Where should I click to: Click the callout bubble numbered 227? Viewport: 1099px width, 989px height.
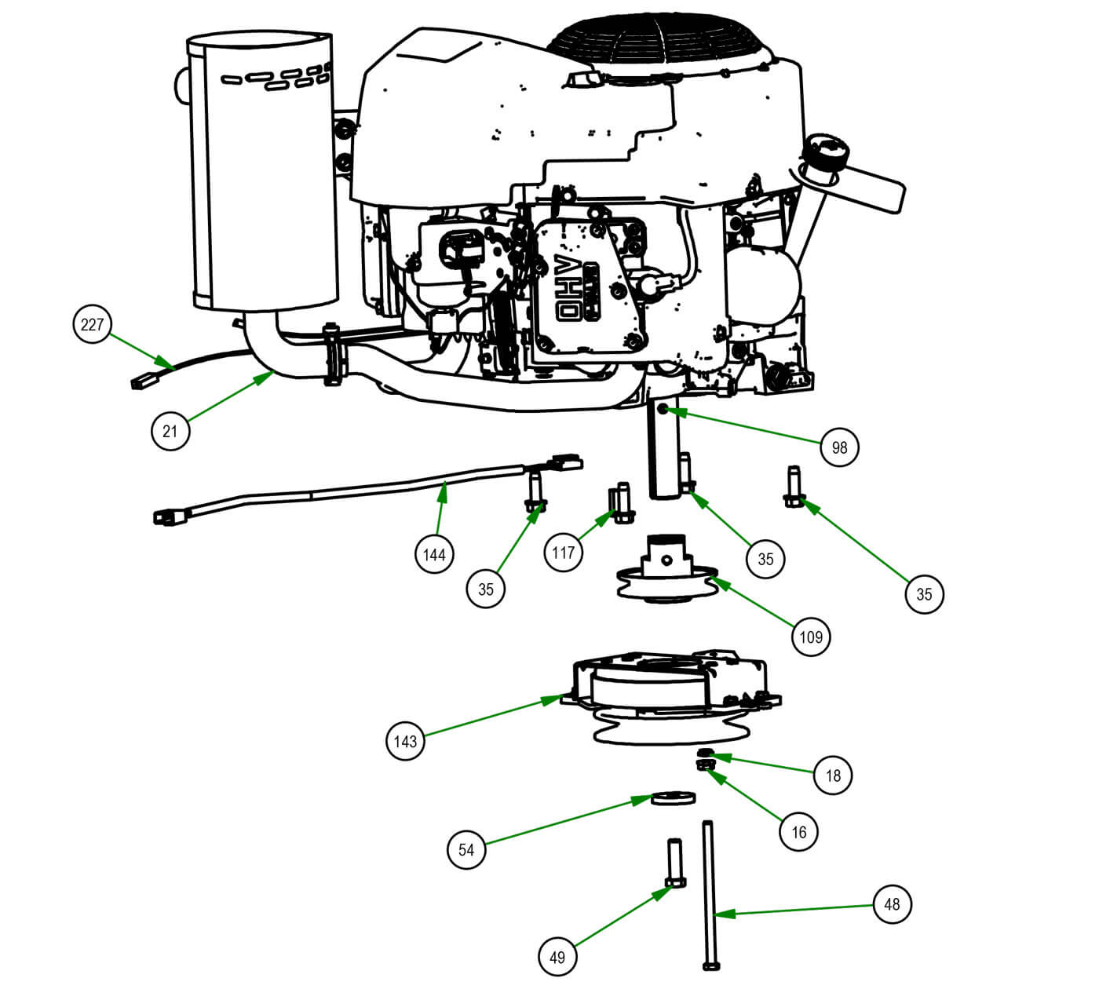(93, 324)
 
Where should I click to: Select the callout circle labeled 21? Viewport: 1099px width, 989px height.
(170, 431)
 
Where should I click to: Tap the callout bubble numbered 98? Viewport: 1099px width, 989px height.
(839, 447)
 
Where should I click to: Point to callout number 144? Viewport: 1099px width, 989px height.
(434, 555)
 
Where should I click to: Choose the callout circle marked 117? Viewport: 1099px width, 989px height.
(564, 553)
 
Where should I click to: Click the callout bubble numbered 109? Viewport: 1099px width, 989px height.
(811, 636)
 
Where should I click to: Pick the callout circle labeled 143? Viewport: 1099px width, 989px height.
(406, 741)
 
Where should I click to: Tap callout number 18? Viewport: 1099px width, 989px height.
(833, 776)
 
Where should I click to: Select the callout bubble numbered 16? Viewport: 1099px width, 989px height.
(799, 832)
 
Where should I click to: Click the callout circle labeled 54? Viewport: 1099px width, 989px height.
(466, 850)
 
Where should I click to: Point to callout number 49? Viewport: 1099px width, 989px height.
(557, 957)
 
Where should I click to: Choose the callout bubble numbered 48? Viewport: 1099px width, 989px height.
(892, 904)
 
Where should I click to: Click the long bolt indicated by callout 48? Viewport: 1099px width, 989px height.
(709, 895)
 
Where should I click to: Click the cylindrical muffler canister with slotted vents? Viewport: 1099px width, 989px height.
(263, 173)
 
